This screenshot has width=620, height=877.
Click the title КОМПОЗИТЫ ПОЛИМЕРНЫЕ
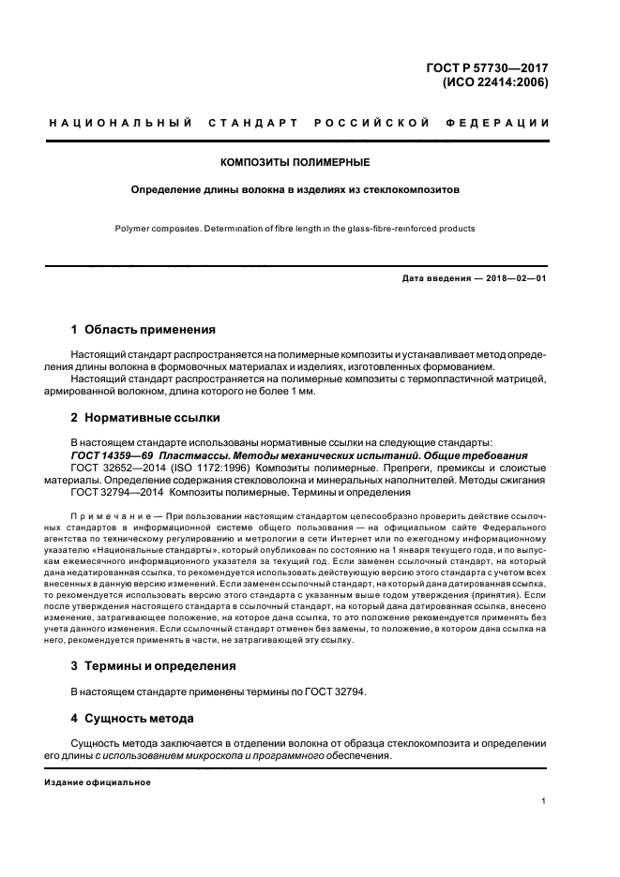(295, 162)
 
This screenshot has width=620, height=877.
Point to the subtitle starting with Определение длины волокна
(295, 188)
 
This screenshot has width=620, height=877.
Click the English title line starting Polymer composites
(295, 228)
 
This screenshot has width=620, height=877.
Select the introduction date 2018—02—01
(514, 278)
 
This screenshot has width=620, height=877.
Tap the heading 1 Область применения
(144, 330)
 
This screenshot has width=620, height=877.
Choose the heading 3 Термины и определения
(154, 665)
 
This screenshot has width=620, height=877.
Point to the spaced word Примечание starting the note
(111, 516)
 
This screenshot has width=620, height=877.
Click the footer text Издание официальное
(98, 781)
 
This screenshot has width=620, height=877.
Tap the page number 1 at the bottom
(544, 801)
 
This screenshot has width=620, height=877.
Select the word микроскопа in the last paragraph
(228, 756)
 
